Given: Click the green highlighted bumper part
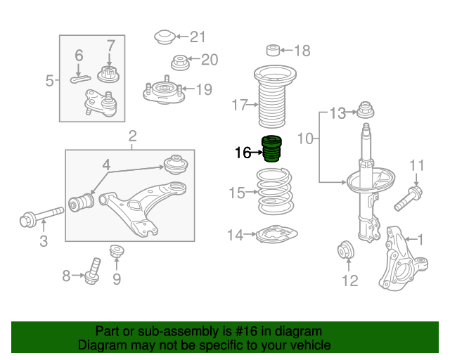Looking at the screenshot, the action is pos(272,148).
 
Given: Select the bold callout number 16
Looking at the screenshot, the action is pos(243,153).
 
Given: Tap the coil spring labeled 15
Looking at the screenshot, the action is pos(274,191).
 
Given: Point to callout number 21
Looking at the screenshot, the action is pos(198,37).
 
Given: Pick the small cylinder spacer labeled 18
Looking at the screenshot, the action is pos(274,50).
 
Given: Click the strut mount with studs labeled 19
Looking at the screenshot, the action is pos(164,91).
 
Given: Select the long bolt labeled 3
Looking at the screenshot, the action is pos(41,216).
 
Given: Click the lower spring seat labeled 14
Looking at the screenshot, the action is pos(276,234).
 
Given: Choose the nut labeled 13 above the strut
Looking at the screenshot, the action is pos(366,110).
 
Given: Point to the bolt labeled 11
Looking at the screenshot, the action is pos(408,198).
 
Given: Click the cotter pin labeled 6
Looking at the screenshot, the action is pos(80,79).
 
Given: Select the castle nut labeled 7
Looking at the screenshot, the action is pos(108,74).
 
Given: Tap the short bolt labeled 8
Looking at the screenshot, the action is pos(93,271).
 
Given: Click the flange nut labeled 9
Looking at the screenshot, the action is pos(117,251).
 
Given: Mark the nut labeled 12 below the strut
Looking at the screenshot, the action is pos(346,250).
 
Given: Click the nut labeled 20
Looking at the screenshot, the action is pos(180,63).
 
